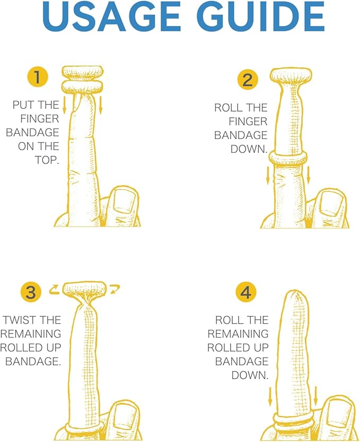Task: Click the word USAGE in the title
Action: click(x=111, y=16)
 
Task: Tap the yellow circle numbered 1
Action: click(x=38, y=76)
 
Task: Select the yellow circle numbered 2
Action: click(x=248, y=80)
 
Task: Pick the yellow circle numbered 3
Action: click(x=31, y=292)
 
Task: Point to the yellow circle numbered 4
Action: click(x=246, y=292)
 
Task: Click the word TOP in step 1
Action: click(x=46, y=160)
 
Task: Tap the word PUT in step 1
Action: click(x=23, y=105)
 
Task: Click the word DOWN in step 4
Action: click(x=249, y=375)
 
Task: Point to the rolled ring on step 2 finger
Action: click(x=287, y=158)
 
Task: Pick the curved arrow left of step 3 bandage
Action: click(x=54, y=289)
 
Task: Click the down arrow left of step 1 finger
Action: click(x=64, y=105)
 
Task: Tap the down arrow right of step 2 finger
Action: click(x=309, y=175)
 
